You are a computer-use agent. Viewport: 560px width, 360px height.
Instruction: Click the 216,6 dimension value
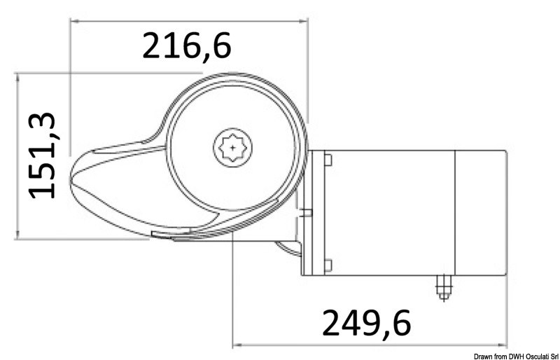[186, 46]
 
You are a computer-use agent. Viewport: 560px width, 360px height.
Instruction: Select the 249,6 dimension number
[366, 322]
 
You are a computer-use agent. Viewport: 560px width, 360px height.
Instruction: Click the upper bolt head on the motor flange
[327, 160]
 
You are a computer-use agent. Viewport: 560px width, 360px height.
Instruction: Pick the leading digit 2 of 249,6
[332, 322]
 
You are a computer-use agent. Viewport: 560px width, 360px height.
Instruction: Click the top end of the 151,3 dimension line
[17, 72]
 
